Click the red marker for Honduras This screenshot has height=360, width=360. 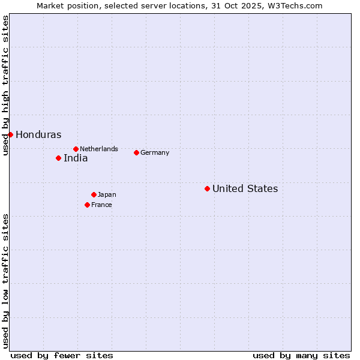pos(10,134)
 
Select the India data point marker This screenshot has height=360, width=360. pos(58,158)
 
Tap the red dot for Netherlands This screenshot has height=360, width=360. pos(76,149)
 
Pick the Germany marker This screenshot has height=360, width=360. pos(136,152)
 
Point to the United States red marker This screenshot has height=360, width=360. pos(207,188)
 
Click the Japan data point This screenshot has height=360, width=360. pos(94,194)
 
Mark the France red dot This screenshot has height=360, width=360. pos(87,205)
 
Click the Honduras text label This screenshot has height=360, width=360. pos(38,135)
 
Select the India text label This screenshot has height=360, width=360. pos(76,158)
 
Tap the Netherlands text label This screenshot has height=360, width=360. pos(99,149)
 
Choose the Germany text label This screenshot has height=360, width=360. pos(155,152)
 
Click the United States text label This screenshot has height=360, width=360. pos(245,189)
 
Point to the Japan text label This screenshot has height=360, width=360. pos(107,194)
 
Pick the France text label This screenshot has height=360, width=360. pos(101,205)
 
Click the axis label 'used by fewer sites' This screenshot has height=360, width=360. pos(62,355)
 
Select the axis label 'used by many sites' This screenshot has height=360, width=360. pos(301,355)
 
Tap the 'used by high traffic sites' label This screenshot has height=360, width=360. pos(5,85)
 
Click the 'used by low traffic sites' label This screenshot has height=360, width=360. pos(5,281)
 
